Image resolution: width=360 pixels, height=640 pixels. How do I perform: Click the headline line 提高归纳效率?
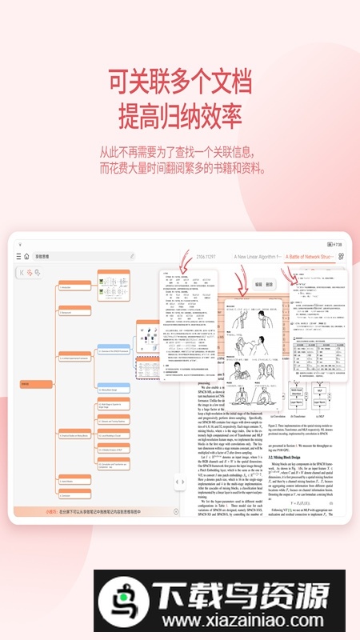[179, 116]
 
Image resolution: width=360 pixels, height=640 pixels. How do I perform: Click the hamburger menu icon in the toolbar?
[18, 257]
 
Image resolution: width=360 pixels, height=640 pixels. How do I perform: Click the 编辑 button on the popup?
[258, 284]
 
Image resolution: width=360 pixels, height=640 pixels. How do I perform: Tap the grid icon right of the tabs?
[342, 257]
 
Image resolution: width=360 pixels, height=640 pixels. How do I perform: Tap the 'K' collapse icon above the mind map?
[22, 273]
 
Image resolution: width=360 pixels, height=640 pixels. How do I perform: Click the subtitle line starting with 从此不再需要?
[179, 151]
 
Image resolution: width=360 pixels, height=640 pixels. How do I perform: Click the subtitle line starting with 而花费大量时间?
[179, 168]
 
